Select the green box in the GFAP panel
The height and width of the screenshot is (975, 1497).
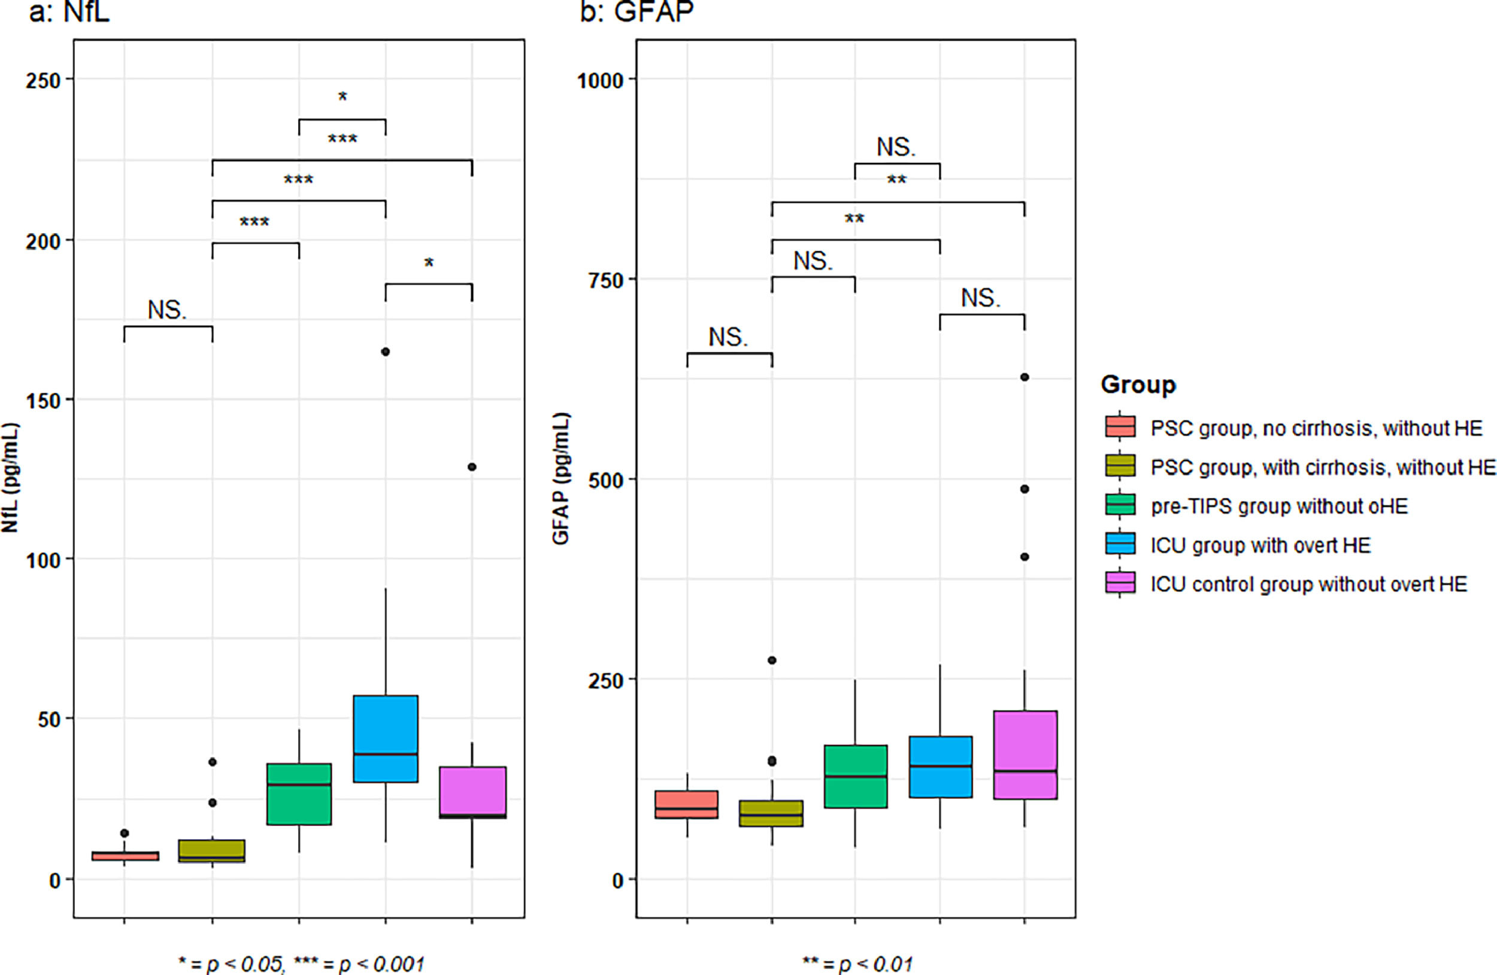(856, 776)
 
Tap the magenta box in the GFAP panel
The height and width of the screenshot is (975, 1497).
(1025, 754)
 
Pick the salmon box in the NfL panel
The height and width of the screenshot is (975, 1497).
(125, 856)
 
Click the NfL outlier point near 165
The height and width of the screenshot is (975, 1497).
(386, 352)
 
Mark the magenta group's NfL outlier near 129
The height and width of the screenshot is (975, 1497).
(472, 467)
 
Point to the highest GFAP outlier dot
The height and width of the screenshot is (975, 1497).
(1024, 377)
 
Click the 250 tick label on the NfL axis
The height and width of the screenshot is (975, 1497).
(43, 80)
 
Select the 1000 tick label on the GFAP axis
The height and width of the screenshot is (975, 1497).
(600, 80)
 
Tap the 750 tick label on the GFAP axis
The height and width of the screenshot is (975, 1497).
(606, 280)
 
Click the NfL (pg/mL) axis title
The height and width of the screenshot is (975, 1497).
(11, 478)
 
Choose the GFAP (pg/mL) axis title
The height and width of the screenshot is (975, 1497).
(560, 478)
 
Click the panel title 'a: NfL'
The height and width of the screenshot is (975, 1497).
(69, 11)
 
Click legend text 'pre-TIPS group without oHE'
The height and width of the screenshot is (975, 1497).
(1279, 507)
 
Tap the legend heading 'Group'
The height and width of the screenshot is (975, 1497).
(1138, 384)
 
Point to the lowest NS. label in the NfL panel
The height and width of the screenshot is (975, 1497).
(166, 310)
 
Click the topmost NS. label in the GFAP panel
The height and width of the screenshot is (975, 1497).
(896, 147)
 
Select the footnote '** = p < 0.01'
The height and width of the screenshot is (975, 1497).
(857, 964)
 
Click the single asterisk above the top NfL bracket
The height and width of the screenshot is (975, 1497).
(342, 96)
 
